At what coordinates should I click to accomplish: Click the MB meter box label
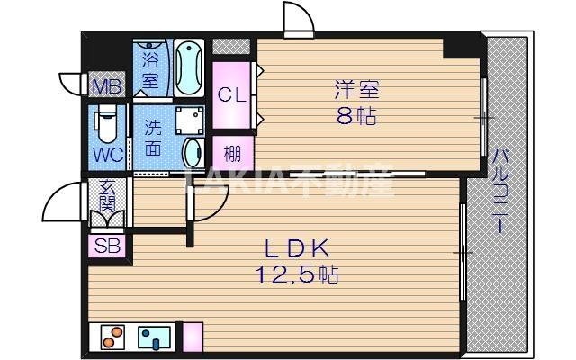click(107, 86)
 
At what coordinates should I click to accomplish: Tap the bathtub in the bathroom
click(189, 68)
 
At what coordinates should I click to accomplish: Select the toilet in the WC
click(107, 123)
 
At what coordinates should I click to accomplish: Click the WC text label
click(108, 156)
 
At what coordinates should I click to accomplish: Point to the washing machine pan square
click(190, 121)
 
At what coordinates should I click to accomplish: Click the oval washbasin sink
click(193, 153)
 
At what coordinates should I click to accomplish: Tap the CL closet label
click(231, 95)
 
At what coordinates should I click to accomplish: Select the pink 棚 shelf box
click(233, 153)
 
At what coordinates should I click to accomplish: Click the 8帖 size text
click(356, 116)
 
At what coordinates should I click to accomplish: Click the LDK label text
click(297, 248)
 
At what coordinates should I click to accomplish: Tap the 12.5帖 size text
click(297, 274)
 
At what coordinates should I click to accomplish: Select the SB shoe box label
click(107, 246)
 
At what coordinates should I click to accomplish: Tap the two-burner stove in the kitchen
click(112, 337)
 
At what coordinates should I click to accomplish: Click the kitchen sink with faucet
click(154, 337)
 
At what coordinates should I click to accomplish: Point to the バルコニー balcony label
click(500, 191)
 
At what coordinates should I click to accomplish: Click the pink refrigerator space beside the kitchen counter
click(193, 337)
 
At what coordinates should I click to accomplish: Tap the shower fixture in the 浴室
click(149, 45)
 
